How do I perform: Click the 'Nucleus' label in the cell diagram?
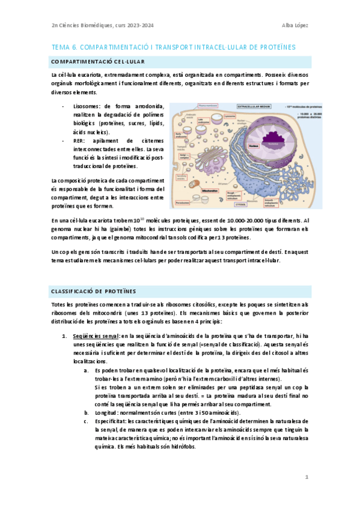(254, 145)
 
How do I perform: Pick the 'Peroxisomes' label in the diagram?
(183, 203)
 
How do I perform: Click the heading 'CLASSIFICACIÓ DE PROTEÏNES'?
(93, 291)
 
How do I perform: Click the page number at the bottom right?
(306, 477)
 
